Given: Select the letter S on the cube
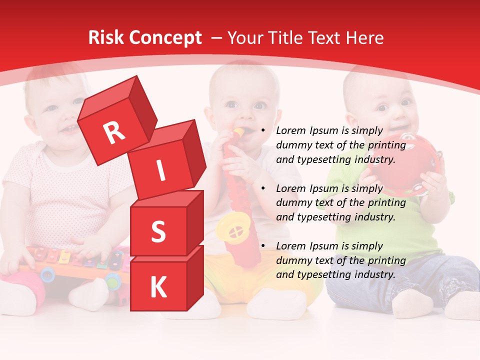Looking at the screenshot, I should coord(158,232).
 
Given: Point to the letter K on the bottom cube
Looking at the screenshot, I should coord(158,287).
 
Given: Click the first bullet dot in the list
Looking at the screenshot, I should coord(262,131).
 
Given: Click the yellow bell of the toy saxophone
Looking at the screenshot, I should coord(232,228).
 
